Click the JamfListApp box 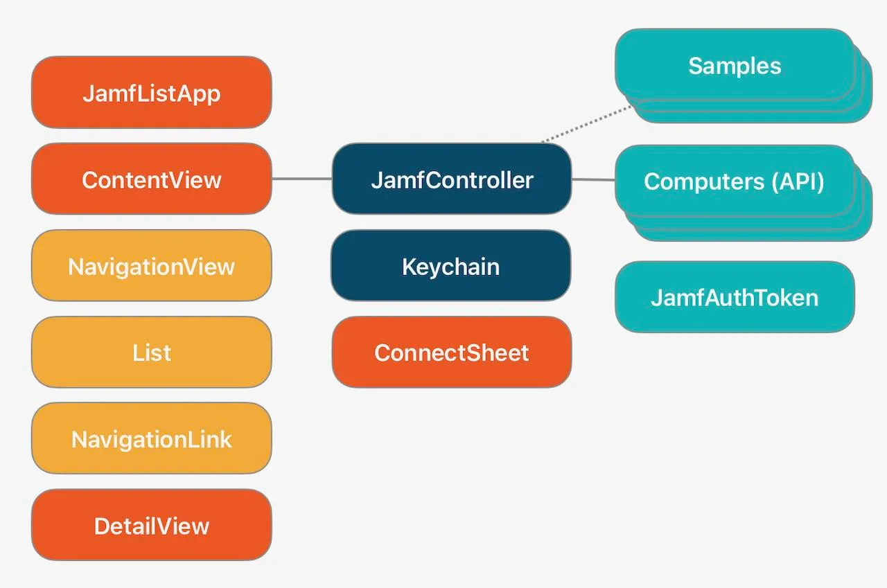coord(151,92)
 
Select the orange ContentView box coord(151,179)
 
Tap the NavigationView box coord(151,265)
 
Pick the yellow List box coord(151,352)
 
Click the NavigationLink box coord(151,438)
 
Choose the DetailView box coord(151,525)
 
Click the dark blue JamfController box coord(452,179)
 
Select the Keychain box coord(450,265)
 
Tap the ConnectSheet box coord(452,352)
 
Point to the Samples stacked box coord(735,65)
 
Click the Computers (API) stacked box coord(735,181)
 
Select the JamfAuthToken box coord(735,296)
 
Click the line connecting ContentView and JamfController coord(301,179)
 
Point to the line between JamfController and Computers coord(593,179)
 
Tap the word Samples coord(735,65)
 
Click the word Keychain coord(450,266)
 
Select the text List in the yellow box coord(151,353)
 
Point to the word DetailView coord(151,526)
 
